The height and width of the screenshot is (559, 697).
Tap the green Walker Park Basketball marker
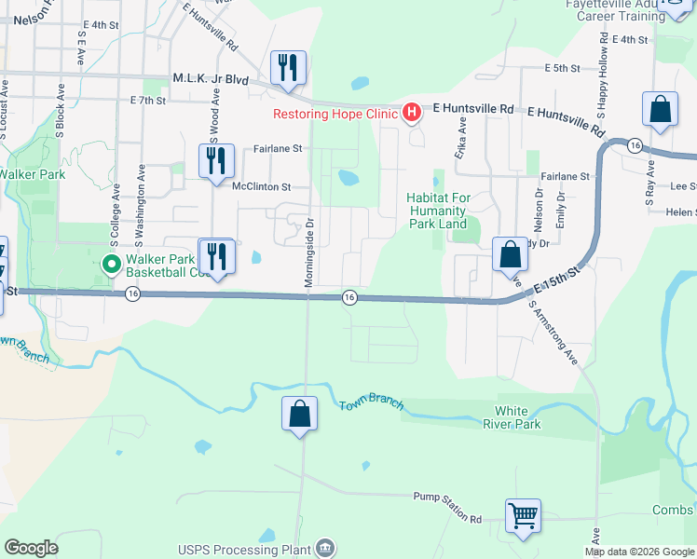(x=112, y=265)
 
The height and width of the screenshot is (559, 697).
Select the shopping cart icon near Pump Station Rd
(x=524, y=514)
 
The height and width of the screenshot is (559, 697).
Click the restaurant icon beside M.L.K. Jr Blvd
(x=288, y=67)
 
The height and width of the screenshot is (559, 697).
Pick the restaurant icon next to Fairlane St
(x=215, y=159)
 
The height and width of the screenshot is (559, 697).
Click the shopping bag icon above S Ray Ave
(x=660, y=109)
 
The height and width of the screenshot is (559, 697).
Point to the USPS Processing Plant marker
(x=325, y=547)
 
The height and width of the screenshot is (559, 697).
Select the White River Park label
(x=517, y=417)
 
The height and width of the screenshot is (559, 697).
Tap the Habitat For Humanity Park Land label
(x=438, y=211)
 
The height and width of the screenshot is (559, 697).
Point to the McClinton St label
(x=262, y=186)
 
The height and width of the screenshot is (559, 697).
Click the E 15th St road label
(x=557, y=279)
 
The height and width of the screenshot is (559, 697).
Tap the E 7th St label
(x=148, y=100)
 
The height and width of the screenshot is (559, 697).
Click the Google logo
(x=31, y=548)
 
